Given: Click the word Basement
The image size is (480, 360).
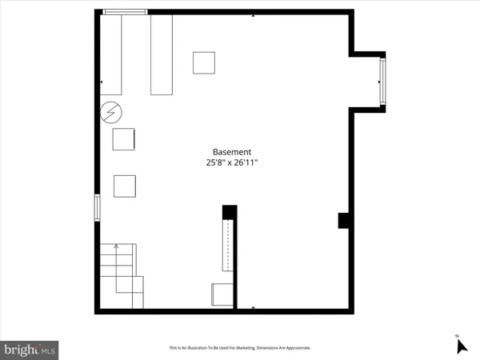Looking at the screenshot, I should pos(232,152).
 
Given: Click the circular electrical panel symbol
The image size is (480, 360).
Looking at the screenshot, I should pos(109,114).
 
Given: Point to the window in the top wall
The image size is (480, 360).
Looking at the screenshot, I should pos(126,11).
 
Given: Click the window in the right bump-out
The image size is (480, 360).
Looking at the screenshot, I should pos(382,81).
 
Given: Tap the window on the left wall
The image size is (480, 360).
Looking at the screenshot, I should pos(98,207).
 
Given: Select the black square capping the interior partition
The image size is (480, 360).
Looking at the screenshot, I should pos(230,213).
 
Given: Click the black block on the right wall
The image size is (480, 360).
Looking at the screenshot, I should pos(343,220).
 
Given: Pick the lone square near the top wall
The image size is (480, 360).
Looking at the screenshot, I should pos(203,62).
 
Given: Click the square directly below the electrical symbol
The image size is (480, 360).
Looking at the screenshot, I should pos(124,139).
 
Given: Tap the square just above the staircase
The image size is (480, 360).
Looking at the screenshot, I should pos(125,186).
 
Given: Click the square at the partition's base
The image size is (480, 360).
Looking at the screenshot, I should pos(221,295).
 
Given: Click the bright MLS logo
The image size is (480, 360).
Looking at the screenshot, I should pos(30,349).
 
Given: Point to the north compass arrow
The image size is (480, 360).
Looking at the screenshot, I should pos(461,346).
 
